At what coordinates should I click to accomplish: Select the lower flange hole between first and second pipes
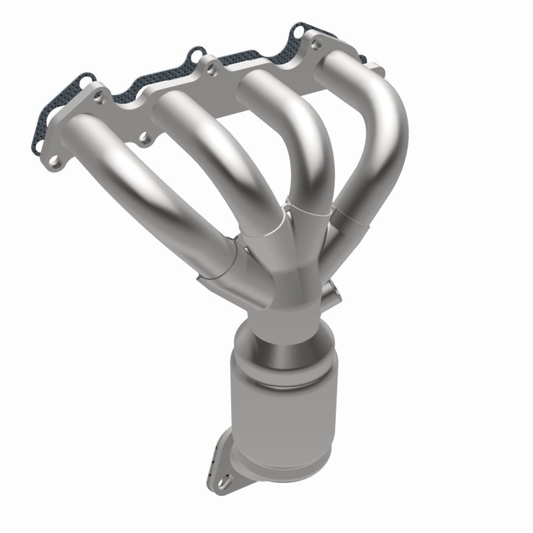click(x=143, y=139)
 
